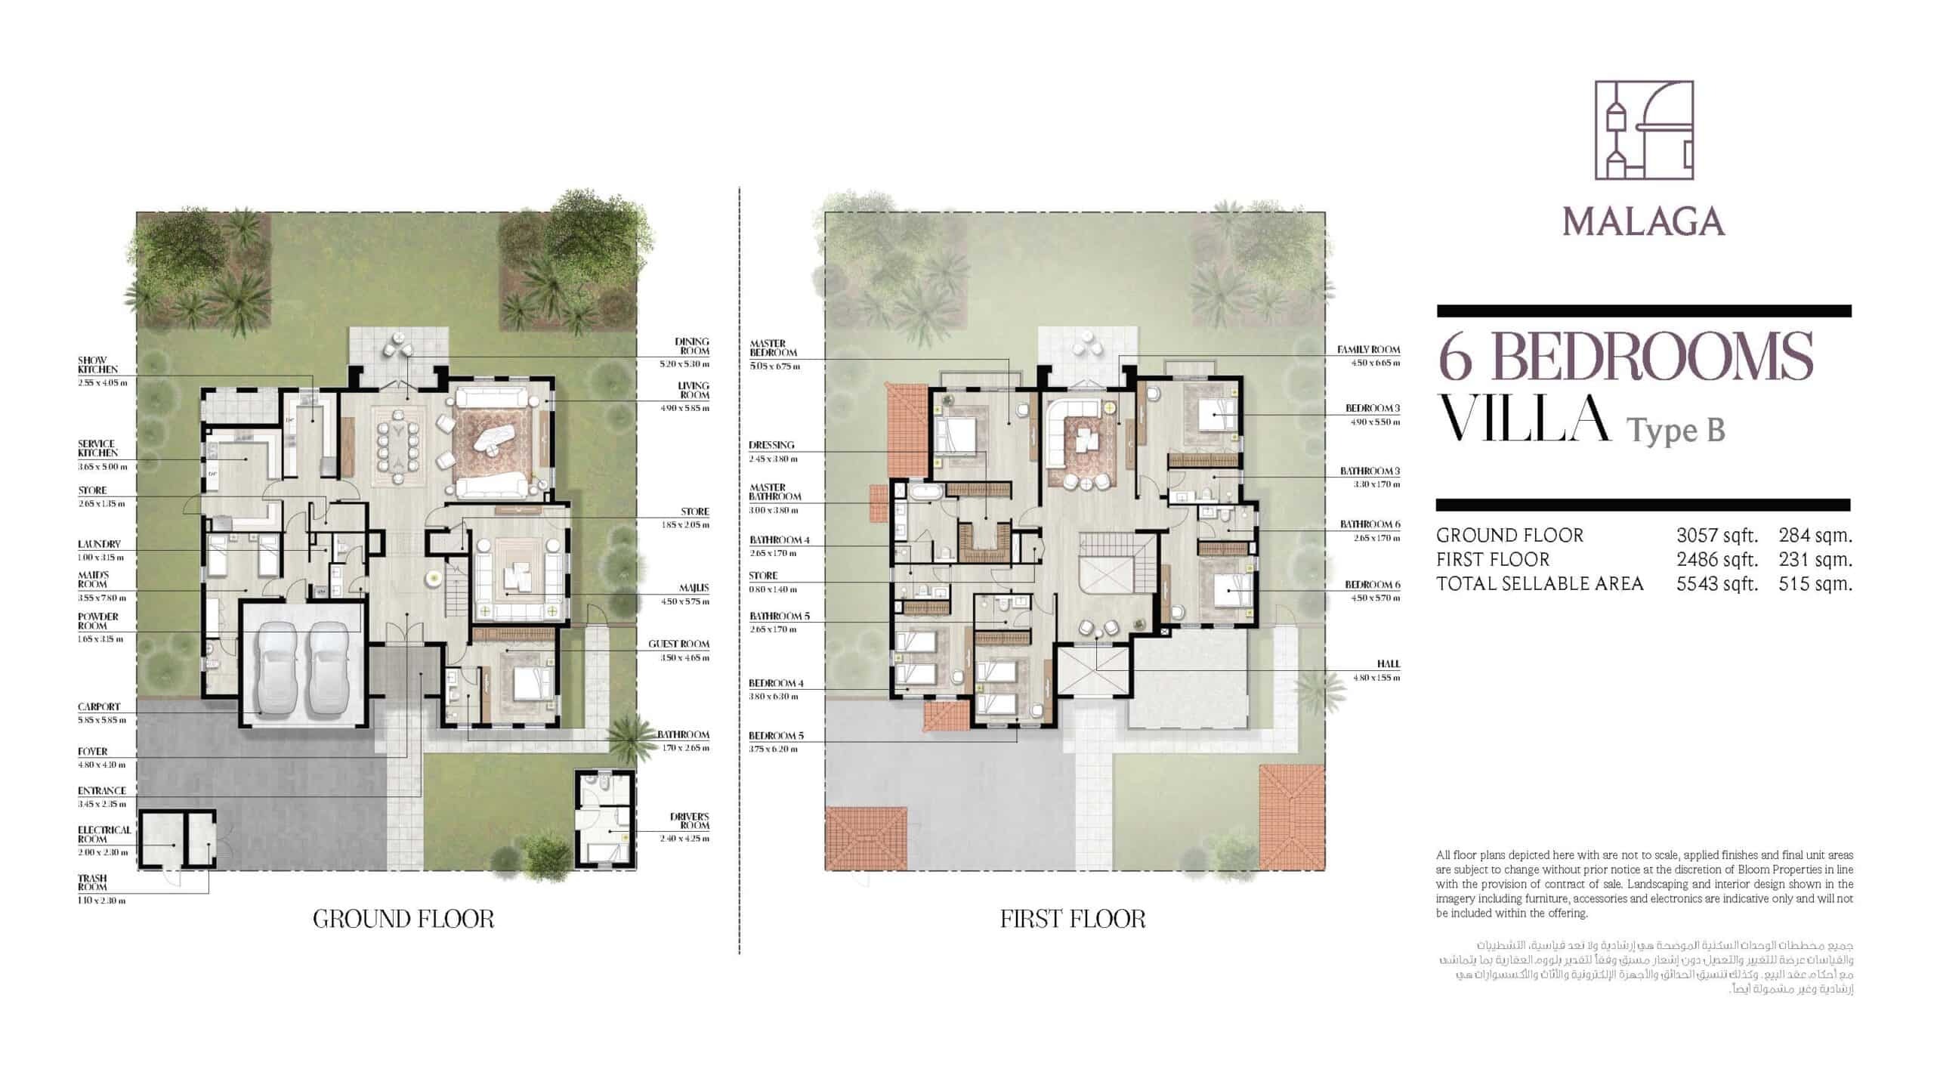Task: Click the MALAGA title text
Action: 1643,221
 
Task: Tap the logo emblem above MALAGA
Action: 1643,141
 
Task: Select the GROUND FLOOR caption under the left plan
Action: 403,920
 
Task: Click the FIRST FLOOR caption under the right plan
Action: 1073,920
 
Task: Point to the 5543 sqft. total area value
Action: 1717,584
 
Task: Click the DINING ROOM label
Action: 692,346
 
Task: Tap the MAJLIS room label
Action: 696,588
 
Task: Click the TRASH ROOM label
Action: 92,882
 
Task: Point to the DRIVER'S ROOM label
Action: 689,821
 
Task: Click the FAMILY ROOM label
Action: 1368,350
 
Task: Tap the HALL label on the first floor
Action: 1388,663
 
